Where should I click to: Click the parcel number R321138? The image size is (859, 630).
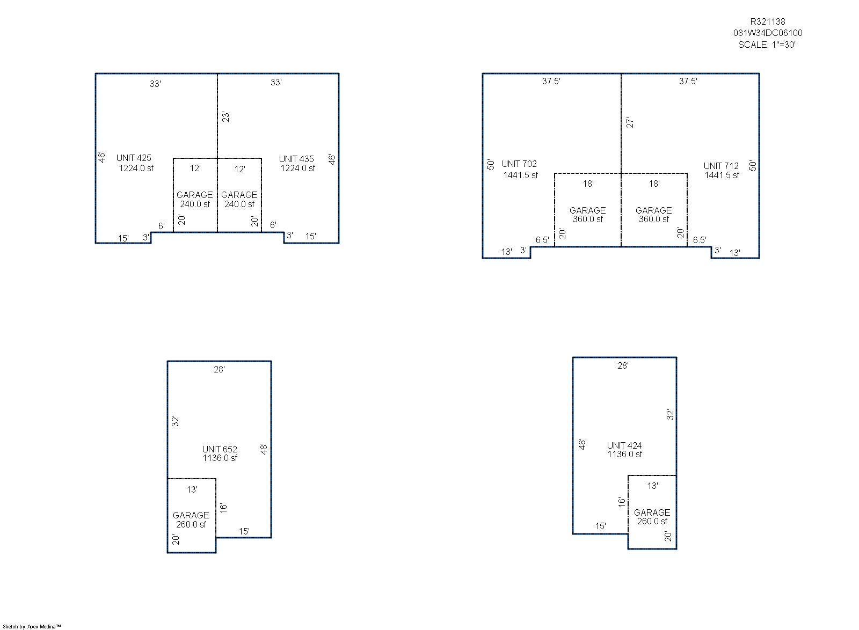[768, 22]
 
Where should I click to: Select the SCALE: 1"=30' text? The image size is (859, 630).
[767, 45]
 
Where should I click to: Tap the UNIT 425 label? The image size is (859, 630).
[134, 158]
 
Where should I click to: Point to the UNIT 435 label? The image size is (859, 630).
[296, 159]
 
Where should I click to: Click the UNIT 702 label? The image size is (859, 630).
[519, 164]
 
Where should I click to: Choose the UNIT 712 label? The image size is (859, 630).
[721, 166]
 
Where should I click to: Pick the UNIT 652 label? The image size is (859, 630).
[220, 449]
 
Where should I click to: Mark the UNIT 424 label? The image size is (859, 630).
[624, 445]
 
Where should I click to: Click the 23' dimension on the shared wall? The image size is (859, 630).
[225, 117]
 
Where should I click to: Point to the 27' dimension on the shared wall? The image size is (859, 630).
[630, 123]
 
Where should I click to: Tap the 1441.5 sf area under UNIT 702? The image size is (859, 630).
[520, 175]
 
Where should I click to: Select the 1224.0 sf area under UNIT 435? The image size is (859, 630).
[297, 168]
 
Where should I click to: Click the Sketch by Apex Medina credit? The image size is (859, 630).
[32, 627]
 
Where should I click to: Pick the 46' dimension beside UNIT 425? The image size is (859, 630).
[101, 157]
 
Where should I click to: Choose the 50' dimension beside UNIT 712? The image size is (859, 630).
[753, 165]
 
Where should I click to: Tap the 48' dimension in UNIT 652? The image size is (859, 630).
[264, 449]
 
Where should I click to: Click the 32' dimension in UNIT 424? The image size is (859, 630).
[670, 415]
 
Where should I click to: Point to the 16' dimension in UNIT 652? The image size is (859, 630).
[223, 509]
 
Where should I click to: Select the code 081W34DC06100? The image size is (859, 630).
[768, 33]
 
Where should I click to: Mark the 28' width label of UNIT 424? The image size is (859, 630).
[623, 366]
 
